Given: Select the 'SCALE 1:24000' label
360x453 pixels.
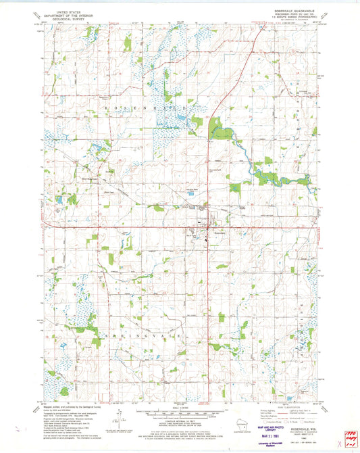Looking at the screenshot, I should click(x=180, y=408).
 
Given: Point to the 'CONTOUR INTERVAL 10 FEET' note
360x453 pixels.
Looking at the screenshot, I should click(x=180, y=421).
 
